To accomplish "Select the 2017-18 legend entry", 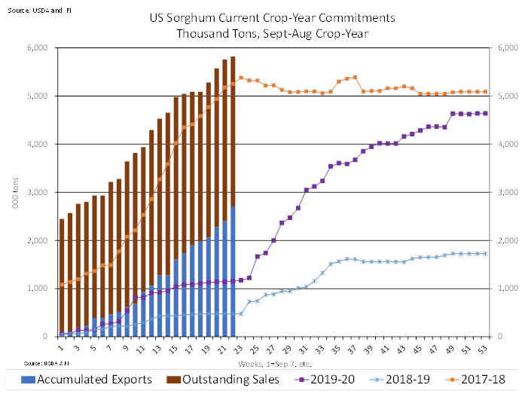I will tap(483, 378).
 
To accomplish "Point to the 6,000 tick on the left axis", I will tap(36, 47).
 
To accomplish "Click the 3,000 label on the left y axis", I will tap(36, 192).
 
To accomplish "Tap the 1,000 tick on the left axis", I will tap(36, 289).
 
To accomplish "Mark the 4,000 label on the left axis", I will tap(36, 144).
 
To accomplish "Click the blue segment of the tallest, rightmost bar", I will tap(233, 271).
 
